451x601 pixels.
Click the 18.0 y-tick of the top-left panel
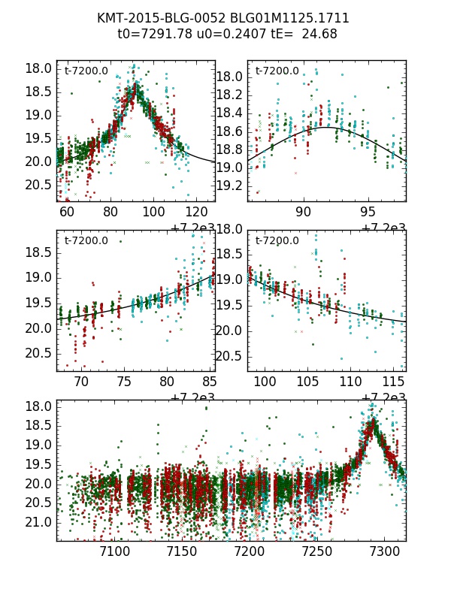pos(38,68)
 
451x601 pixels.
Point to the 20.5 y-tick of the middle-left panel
pos(38,353)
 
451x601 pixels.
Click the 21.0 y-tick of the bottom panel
pos(38,522)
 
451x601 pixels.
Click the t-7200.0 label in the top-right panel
pos(277,71)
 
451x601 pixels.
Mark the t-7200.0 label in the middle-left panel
pos(86,241)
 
